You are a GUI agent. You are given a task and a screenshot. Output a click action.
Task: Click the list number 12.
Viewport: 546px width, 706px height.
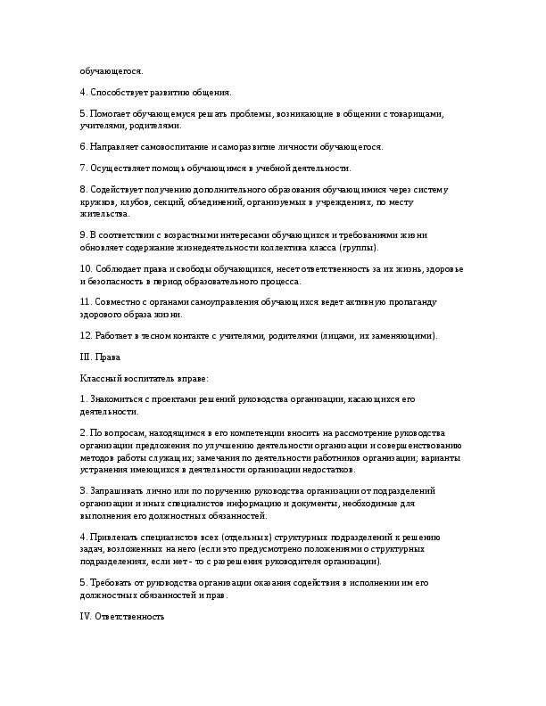86,335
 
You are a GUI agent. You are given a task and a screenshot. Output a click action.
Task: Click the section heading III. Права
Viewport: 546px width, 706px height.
100,357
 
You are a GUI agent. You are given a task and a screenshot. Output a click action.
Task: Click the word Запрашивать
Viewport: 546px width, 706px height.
119,490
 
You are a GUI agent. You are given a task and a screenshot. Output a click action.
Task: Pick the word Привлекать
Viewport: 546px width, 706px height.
117,539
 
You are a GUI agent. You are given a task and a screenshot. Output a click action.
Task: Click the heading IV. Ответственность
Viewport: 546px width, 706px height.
122,616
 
